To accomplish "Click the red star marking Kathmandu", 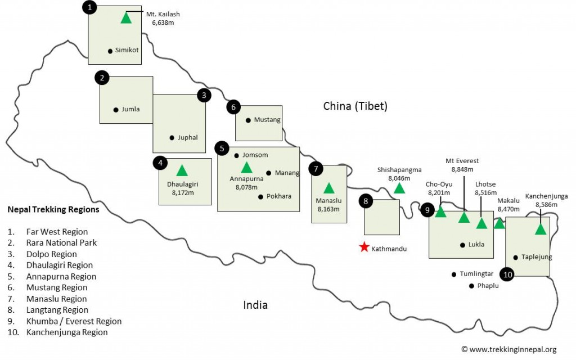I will pos(364,247).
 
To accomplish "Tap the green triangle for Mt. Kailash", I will pos(126,17).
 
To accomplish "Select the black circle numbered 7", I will pos(317,168).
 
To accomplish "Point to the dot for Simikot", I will pos(110,51).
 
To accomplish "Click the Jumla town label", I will pos(130,110).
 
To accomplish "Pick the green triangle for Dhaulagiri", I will pos(182,170).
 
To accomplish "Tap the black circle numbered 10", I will pos(508,274).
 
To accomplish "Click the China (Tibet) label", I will pos(355,106).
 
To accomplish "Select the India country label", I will pos(255,305).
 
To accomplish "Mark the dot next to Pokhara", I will pos(260,196).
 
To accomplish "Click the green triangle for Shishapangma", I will pos(399,188).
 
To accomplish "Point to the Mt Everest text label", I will pos(462,161).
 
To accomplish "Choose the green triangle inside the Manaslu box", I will pos(329,188).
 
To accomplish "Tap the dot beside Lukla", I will pos(462,245).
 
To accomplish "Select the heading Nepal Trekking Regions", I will pos(53,209).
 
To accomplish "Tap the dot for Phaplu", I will pos(471,286).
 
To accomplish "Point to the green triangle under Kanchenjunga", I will pos(541,229).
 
